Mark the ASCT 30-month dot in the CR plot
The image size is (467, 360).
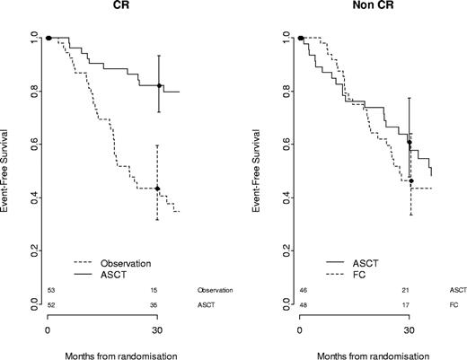pos(158,86)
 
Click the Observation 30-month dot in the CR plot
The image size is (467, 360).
pos(158,189)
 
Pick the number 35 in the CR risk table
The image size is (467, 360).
pos(158,305)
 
